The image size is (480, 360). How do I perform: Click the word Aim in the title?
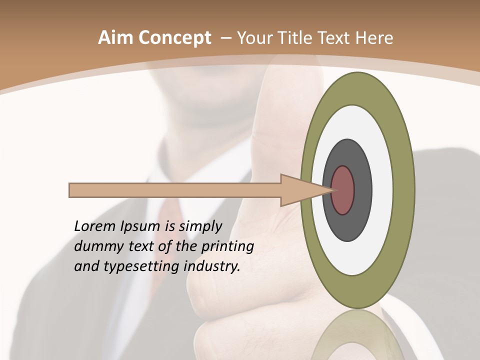point(116,37)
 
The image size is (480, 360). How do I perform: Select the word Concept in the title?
point(174,37)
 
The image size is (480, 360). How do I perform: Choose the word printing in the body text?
point(227,246)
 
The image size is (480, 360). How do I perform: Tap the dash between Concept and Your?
point(226,38)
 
